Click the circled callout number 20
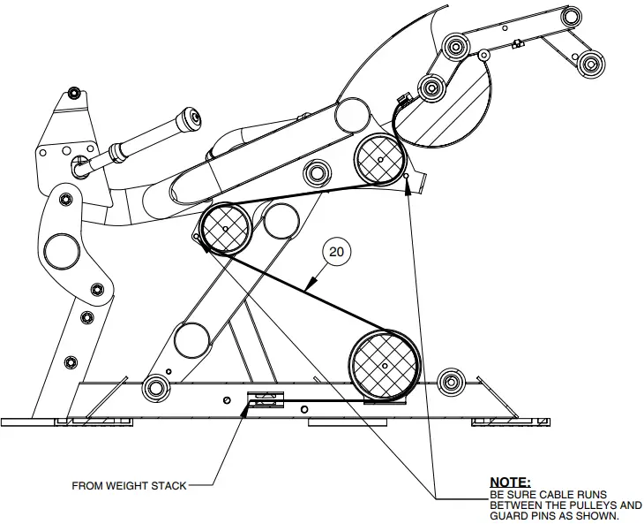[336, 252]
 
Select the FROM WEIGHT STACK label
[129, 485]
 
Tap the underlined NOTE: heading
[509, 482]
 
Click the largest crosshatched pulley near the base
[383, 365]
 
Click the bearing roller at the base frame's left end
[156, 385]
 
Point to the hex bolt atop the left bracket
[73, 92]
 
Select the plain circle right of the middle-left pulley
[281, 220]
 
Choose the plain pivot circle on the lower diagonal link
[191, 338]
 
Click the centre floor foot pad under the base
[338, 422]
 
